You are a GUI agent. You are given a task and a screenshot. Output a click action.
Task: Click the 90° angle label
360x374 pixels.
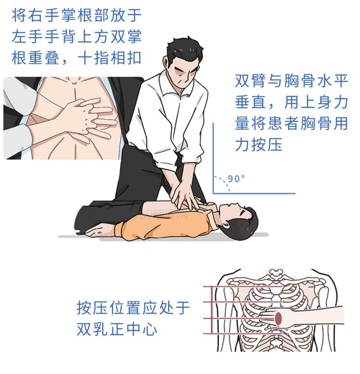click(x=236, y=178)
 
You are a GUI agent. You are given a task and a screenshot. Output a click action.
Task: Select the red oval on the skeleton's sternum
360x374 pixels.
click(x=278, y=319)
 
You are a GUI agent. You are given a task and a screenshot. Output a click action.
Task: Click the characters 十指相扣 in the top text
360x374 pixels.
click(x=110, y=58)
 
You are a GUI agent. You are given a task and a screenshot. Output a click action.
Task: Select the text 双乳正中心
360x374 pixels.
click(x=117, y=329)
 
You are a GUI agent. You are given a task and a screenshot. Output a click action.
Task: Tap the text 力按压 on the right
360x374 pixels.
click(x=259, y=144)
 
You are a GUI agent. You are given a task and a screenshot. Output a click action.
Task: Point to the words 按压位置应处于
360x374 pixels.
click(x=133, y=308)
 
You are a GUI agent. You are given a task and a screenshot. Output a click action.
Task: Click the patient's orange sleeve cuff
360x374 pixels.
click(x=119, y=229)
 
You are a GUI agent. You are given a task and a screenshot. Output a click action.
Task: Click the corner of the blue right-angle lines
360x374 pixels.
click(x=214, y=193)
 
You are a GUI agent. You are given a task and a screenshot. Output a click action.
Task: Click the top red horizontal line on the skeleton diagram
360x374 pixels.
click(x=242, y=286)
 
